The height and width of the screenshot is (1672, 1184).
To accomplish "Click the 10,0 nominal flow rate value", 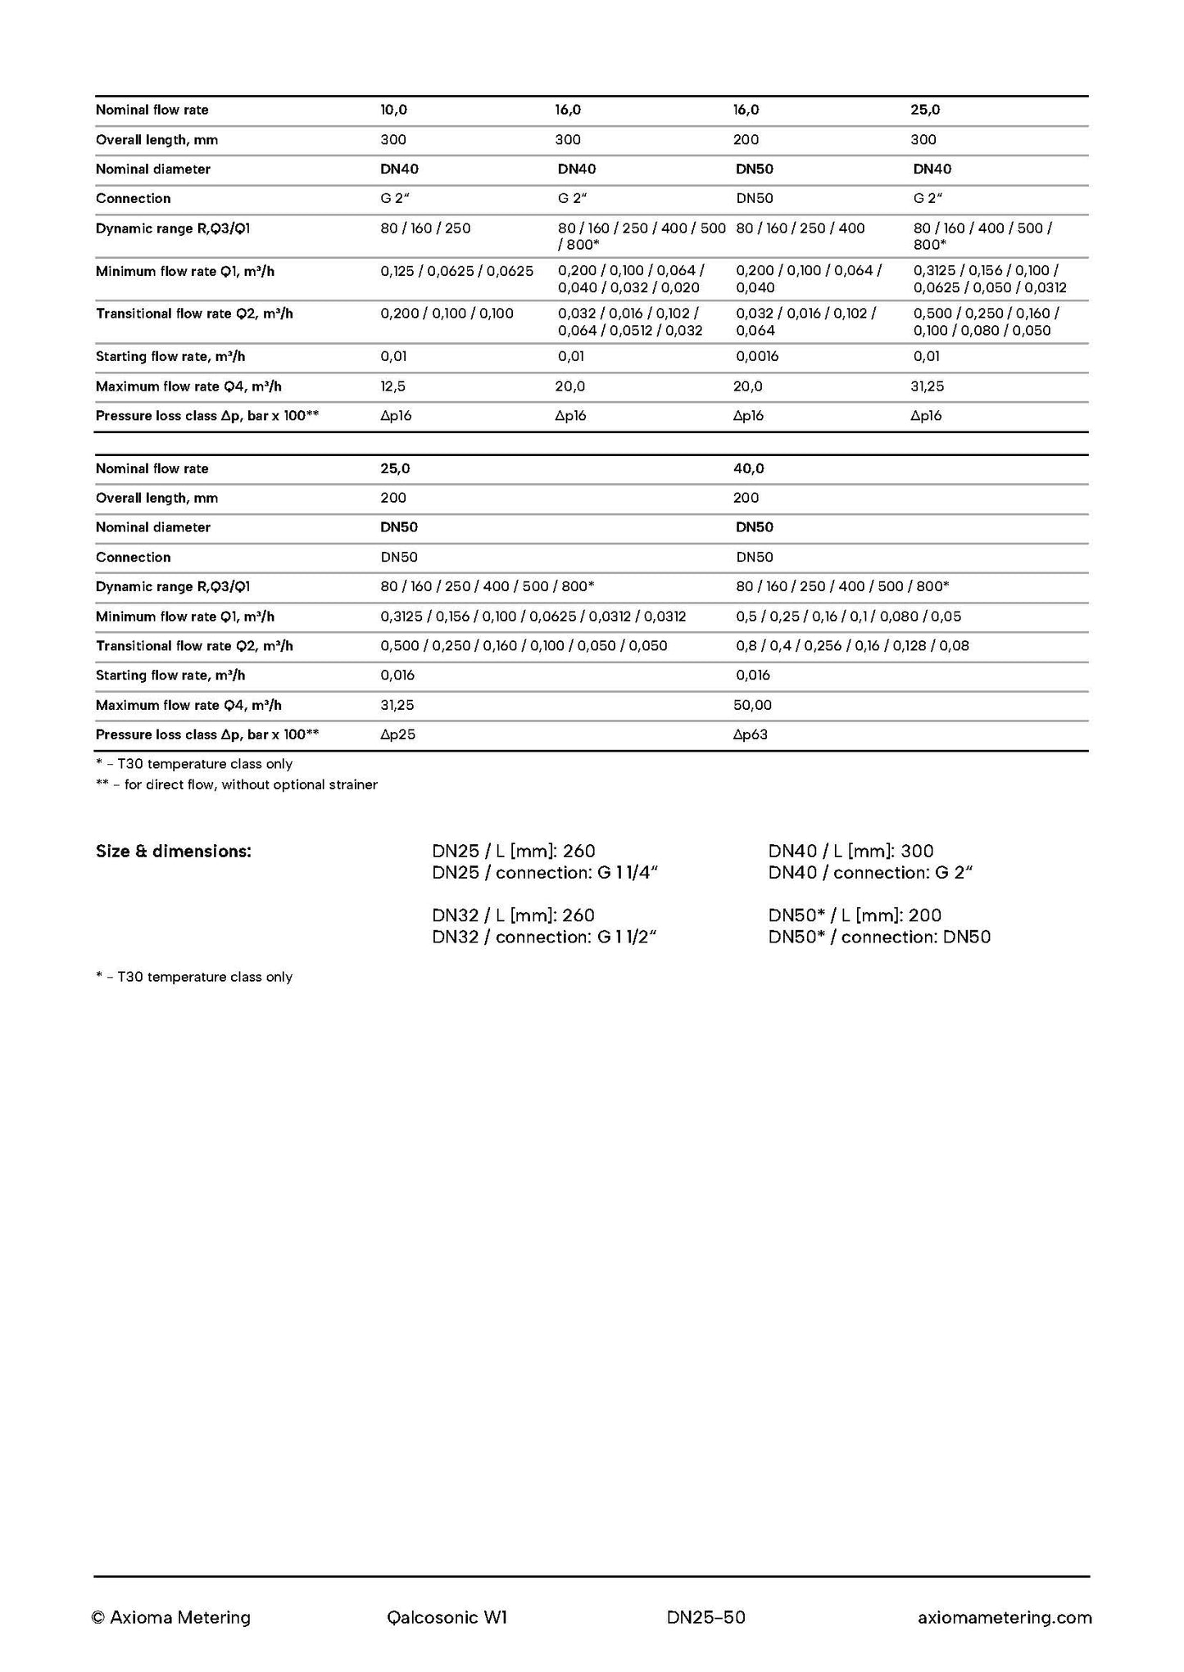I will click(x=393, y=110).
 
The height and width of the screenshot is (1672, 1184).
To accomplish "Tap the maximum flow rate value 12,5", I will click(x=392, y=386).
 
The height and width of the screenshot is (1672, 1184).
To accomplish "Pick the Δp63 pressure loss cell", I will click(x=750, y=734).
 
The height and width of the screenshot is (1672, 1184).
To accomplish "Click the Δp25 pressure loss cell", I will click(x=397, y=734).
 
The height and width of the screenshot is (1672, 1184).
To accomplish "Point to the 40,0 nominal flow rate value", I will click(x=748, y=468).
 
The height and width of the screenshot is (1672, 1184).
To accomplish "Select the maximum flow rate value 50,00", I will click(x=752, y=705).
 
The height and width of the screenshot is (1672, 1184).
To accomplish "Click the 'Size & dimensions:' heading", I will click(x=174, y=852).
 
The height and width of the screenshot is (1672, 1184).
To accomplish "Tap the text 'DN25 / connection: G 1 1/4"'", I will click(x=545, y=873).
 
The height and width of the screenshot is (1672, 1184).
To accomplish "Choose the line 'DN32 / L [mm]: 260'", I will click(x=513, y=915).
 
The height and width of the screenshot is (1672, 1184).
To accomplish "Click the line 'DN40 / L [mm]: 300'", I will click(x=851, y=852).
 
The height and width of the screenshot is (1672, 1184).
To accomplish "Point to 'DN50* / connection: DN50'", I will click(x=879, y=937).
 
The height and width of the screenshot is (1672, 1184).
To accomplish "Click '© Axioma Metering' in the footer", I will click(x=171, y=1617).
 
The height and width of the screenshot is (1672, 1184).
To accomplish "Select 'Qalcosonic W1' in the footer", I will click(x=447, y=1617).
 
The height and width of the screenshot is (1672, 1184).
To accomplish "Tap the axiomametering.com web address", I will click(x=1005, y=1617).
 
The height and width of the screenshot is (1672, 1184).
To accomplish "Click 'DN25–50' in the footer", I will click(x=706, y=1617).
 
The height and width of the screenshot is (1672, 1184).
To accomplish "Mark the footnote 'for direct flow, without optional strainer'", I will click(x=251, y=784).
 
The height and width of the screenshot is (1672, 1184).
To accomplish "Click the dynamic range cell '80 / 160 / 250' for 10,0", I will click(x=425, y=228).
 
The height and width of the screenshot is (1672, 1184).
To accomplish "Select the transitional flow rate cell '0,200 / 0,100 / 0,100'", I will click(x=447, y=314).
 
